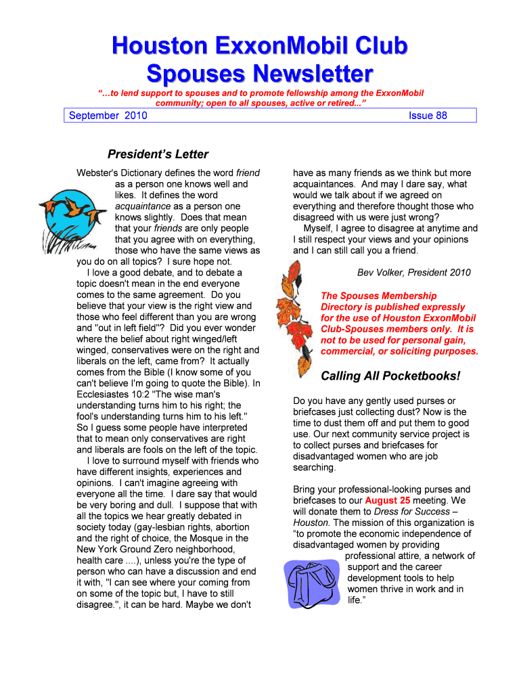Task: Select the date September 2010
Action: click(x=108, y=116)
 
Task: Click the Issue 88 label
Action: click(x=428, y=116)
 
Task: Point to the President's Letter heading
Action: click(x=158, y=154)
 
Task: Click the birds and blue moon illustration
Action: click(x=72, y=215)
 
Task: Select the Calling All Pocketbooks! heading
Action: click(x=390, y=376)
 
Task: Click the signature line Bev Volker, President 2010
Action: click(x=413, y=273)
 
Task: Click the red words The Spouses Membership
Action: click(x=378, y=296)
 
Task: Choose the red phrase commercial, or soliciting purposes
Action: click(x=399, y=351)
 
